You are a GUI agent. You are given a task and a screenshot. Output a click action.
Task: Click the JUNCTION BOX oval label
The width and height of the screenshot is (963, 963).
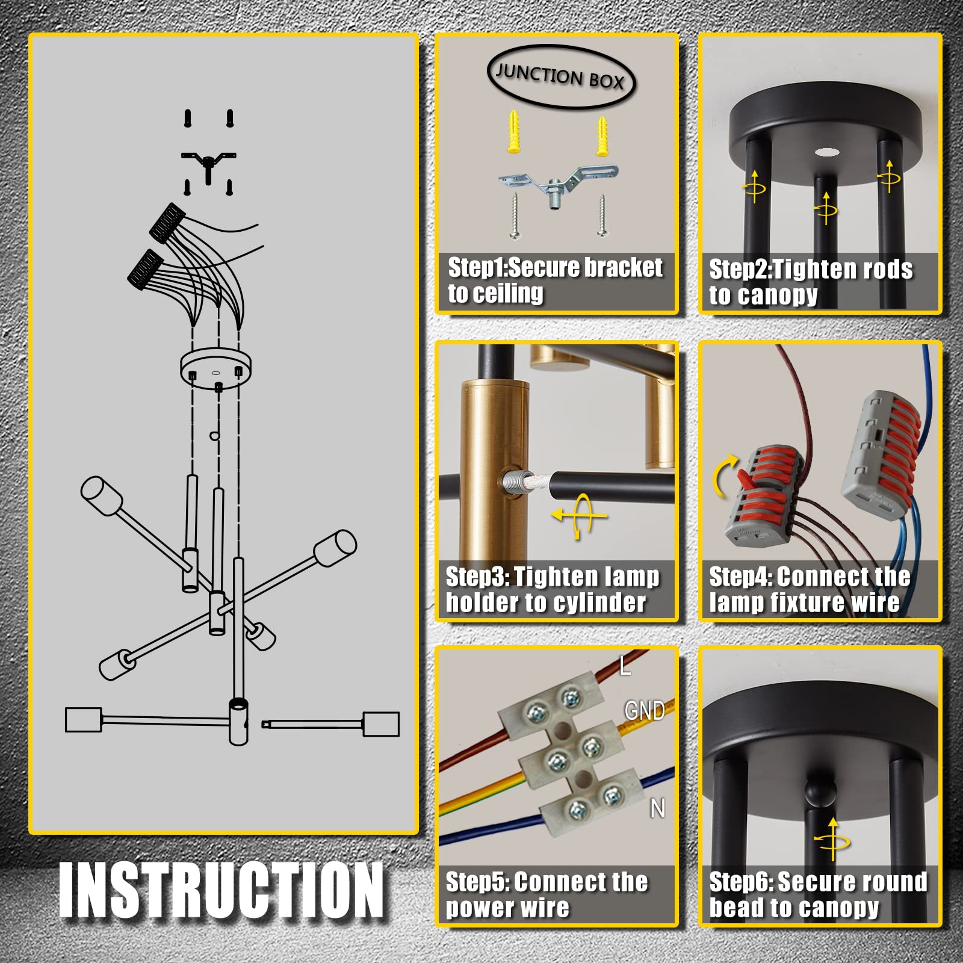click(x=561, y=77)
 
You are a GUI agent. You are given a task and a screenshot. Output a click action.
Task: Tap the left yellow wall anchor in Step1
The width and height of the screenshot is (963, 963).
click(x=514, y=131)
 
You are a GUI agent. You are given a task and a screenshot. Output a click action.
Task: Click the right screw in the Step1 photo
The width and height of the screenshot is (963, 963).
click(x=602, y=215)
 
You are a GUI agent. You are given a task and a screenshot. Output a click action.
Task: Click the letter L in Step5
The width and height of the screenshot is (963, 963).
click(x=625, y=665)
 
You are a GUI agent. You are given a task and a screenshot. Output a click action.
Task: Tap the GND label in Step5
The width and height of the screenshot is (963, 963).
click(x=645, y=711)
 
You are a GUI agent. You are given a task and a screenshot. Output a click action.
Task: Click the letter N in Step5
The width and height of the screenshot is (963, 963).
click(x=657, y=808)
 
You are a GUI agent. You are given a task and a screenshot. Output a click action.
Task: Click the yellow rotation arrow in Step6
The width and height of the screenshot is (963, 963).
click(x=832, y=839)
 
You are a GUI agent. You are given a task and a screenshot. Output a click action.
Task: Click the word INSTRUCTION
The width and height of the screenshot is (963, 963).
click(x=221, y=890)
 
